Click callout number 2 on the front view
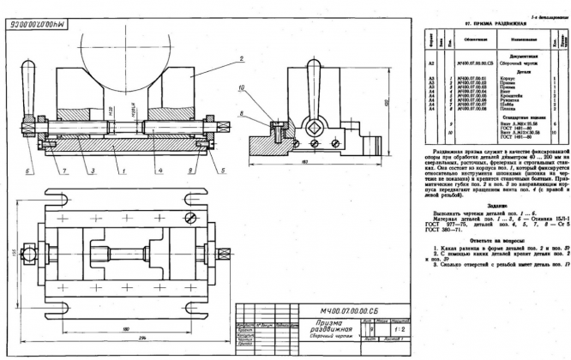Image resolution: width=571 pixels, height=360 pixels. [x=243, y=57]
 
